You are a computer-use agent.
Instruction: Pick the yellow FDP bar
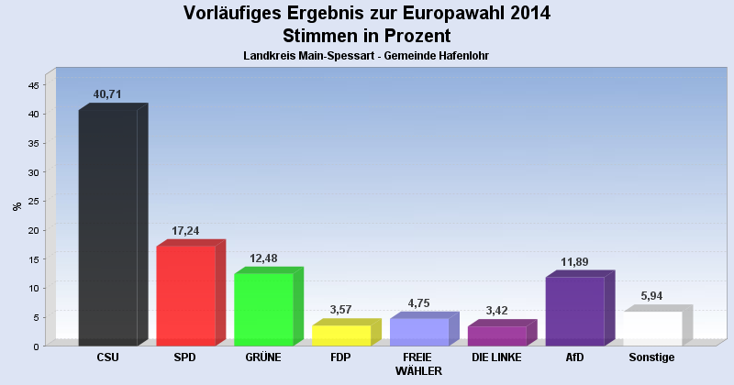341,335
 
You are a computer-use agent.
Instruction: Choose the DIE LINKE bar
496,335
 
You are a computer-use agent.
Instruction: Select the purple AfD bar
574,311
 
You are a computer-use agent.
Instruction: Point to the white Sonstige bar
652,328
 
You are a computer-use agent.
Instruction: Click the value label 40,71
107,94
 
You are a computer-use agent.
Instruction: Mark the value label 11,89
574,262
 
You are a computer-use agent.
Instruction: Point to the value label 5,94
652,296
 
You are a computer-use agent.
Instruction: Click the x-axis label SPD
185,357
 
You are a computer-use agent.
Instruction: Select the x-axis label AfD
574,357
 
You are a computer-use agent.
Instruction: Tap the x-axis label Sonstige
652,357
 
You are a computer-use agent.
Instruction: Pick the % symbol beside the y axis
17,206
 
